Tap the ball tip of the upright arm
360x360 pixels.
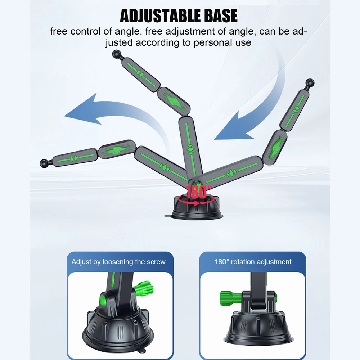117,54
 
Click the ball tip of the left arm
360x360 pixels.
44,163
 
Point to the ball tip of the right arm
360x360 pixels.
310,83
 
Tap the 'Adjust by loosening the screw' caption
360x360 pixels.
118,262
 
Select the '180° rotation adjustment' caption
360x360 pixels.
253,262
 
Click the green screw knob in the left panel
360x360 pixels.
144,288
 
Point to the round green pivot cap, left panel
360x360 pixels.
103,300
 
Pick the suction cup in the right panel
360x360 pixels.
258,328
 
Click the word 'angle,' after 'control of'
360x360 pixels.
127,32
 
